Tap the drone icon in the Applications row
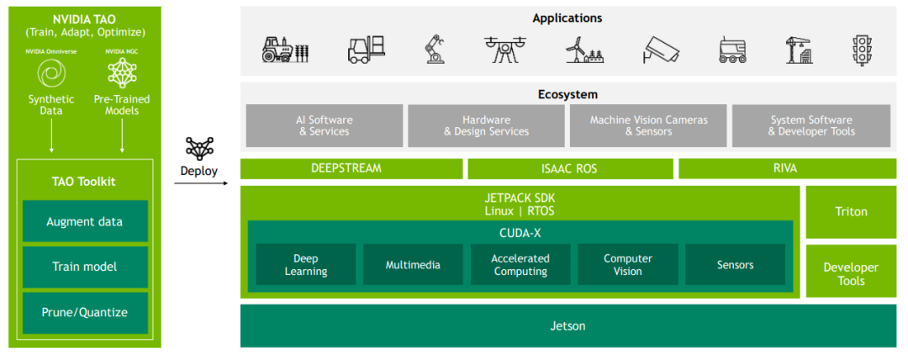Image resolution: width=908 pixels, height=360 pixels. [505, 50]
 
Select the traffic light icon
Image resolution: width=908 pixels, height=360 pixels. [863, 50]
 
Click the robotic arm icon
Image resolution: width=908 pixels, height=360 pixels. [434, 50]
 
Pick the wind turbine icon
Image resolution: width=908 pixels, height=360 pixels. [585, 50]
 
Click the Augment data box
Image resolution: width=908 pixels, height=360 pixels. [85, 221]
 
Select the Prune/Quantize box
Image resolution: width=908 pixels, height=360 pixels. [85, 312]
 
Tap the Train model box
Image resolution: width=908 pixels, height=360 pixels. [85, 267]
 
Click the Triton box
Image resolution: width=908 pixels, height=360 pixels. [851, 212]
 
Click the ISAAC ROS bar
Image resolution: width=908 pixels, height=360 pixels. [570, 169]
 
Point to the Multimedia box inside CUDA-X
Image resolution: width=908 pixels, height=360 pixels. [413, 264]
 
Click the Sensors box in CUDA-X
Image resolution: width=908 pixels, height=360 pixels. [736, 264]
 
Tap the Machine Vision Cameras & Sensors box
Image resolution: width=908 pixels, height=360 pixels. [648, 126]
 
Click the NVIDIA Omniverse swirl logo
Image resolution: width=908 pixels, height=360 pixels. [51, 74]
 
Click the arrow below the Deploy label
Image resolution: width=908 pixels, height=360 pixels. [201, 183]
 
